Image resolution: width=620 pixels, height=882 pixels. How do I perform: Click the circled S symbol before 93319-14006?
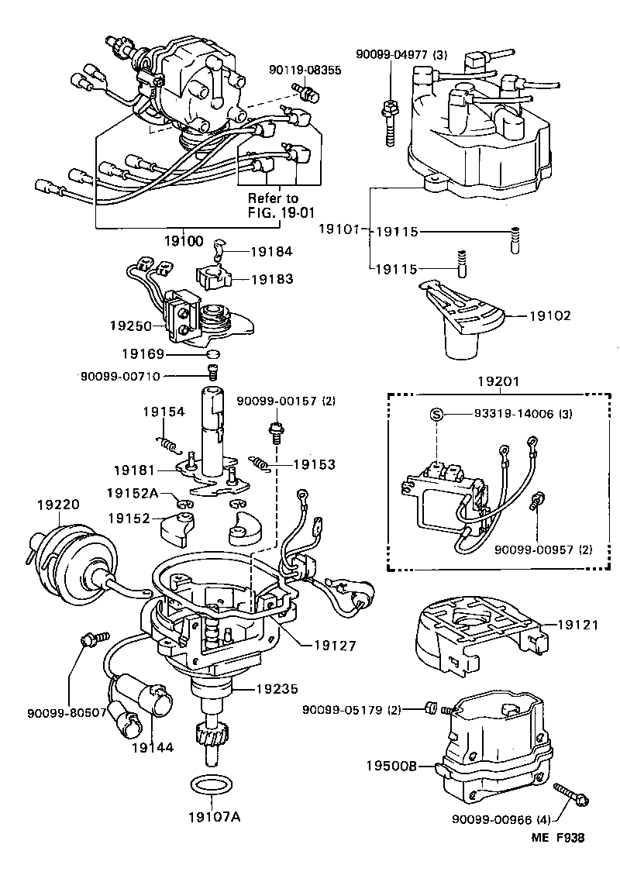436,415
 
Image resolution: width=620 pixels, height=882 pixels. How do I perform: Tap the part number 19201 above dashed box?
497,381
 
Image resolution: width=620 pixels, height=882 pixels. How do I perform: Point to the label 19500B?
392,766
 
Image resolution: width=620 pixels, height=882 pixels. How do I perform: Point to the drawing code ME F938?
557,838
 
